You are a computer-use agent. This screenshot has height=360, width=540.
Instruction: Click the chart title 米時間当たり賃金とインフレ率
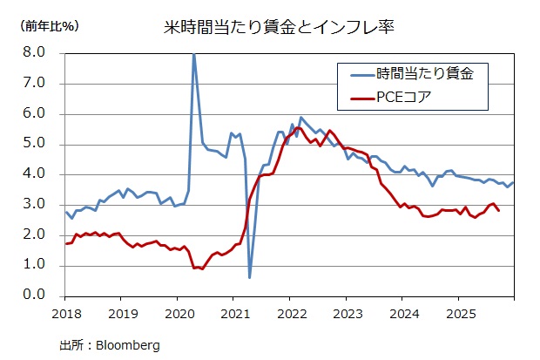tap(280, 27)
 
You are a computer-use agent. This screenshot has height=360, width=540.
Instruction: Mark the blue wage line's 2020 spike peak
tap(193, 54)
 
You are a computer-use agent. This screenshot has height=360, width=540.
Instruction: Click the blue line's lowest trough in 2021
tap(250, 277)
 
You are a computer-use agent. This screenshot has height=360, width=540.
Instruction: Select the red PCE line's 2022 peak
tap(298, 128)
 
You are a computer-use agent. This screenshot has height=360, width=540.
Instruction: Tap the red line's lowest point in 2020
tap(202, 268)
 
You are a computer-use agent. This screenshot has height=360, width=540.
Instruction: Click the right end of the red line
tap(498, 210)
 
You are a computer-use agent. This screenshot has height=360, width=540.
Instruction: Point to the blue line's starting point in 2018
tap(66, 212)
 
